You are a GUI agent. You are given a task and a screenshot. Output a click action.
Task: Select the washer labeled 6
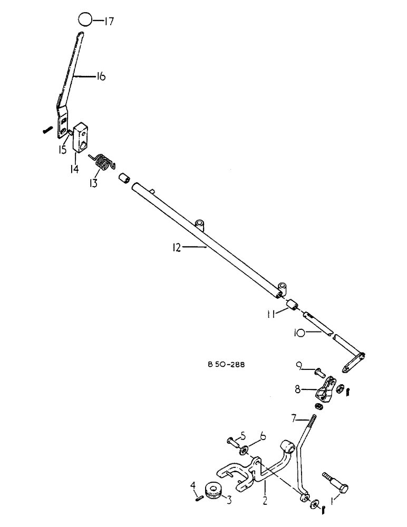[245, 450]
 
